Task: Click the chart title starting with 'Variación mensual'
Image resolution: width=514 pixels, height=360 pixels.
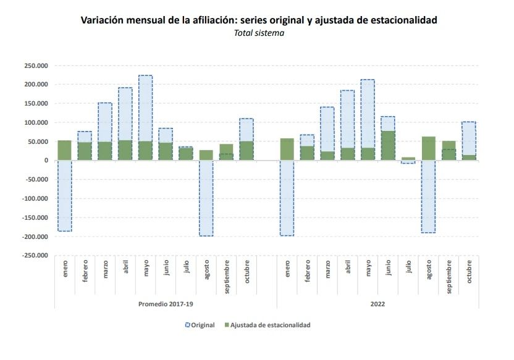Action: (x=259, y=20)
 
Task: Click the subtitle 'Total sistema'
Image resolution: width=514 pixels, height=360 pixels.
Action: (x=259, y=33)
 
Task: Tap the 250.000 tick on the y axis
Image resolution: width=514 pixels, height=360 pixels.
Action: (x=36, y=65)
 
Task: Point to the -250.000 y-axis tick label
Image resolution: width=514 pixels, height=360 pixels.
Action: (x=35, y=256)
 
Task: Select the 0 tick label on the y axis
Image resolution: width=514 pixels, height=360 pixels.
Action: (x=46, y=161)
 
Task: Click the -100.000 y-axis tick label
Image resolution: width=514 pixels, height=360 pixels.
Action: (x=35, y=199)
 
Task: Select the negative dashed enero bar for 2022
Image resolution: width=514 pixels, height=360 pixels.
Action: (x=287, y=198)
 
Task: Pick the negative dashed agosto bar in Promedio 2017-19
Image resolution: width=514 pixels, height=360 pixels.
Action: (x=206, y=198)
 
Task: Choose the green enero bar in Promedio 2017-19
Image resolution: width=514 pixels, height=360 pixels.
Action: (x=65, y=151)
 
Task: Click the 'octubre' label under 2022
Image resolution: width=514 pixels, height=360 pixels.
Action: (x=469, y=272)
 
